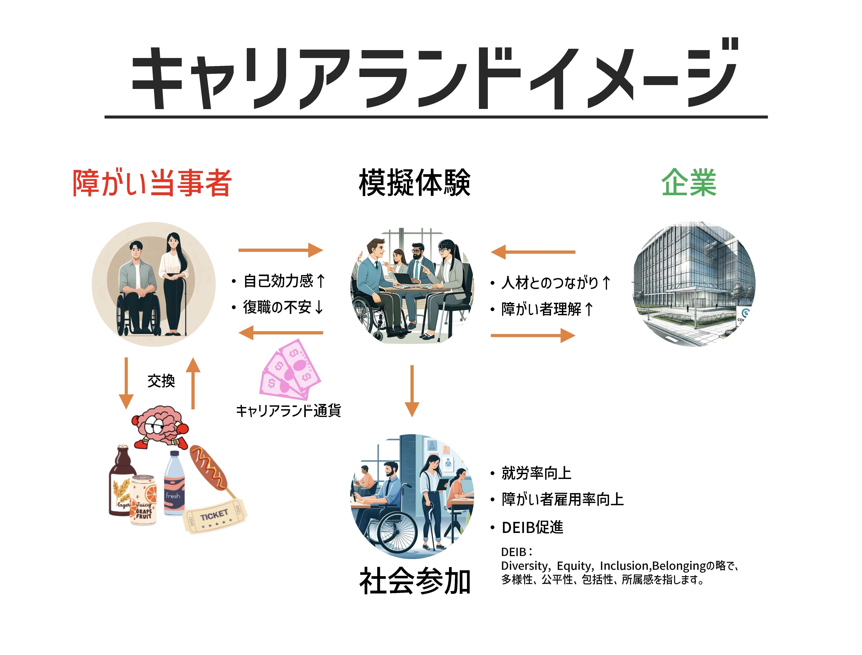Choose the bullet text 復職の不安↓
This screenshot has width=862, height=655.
pos(283,307)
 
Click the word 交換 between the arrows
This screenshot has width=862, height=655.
pos(161,381)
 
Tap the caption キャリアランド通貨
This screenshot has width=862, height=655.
pos(288,411)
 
